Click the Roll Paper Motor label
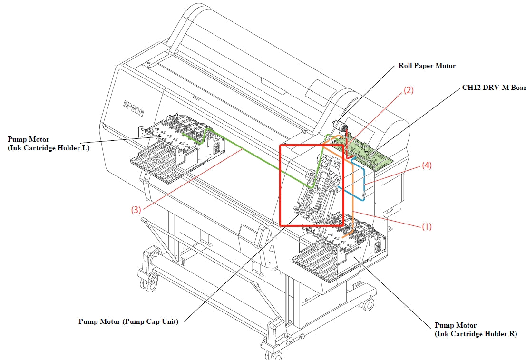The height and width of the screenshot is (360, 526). tap(427, 66)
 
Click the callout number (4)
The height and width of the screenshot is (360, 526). tap(426, 166)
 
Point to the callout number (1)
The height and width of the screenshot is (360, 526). tap(427, 227)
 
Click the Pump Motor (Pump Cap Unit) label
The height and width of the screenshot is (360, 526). tap(128, 321)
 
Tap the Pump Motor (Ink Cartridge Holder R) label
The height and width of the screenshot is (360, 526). tap(476, 330)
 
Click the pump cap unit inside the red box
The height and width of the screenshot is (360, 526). tap(319, 190)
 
